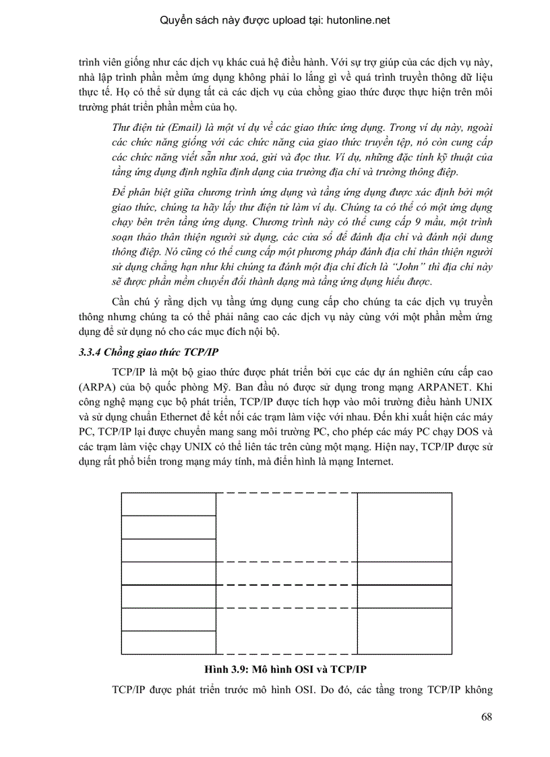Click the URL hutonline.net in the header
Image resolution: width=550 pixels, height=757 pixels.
pyautogui.click(x=349, y=20)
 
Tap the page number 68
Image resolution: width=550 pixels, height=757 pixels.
pyautogui.click(x=487, y=716)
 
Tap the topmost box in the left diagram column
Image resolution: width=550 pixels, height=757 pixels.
pyautogui.click(x=168, y=504)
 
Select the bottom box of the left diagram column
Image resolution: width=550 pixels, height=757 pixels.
pyautogui.click(x=168, y=642)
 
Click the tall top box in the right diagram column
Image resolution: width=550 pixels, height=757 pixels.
pyautogui.click(x=404, y=526)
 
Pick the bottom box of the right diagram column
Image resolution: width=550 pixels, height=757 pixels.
pyautogui.click(x=404, y=630)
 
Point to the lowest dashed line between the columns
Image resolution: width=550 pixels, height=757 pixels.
pyautogui.click(x=286, y=654)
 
